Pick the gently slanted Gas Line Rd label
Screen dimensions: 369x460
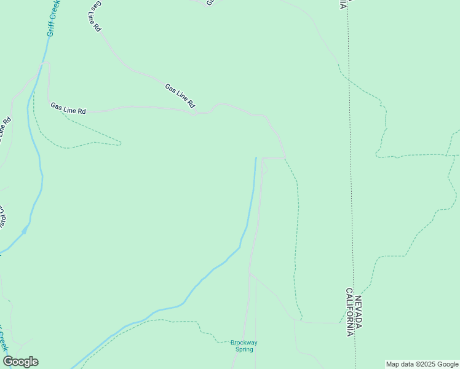coord(180,95)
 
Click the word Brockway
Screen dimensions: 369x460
coord(244,343)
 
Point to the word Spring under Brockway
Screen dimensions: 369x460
coord(244,349)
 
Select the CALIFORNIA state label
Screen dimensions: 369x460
coord(349,312)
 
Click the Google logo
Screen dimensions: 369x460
coord(20,362)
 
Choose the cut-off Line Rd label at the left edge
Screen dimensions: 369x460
coord(6,129)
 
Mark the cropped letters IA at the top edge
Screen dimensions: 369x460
coord(342,3)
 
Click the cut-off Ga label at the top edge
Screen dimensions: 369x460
coord(209,2)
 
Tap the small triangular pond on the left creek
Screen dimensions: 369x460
coord(25,230)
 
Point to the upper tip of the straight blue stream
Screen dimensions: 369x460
coord(256,158)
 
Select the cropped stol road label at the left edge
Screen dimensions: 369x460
coord(2,216)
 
